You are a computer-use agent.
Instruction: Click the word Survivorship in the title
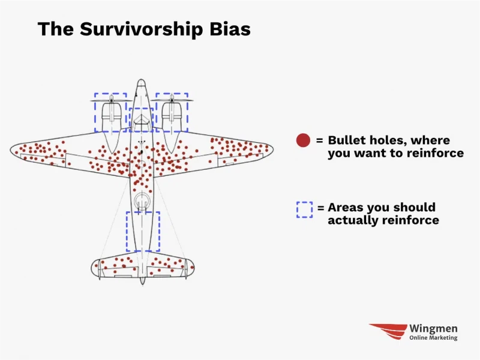tap(142, 29)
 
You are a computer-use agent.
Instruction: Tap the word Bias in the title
tap(230, 29)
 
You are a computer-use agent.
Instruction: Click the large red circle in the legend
tap(303, 140)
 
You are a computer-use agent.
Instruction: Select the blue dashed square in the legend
tap(305, 209)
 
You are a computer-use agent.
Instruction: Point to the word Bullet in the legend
tap(346, 140)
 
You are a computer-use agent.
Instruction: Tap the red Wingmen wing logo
tap(388, 331)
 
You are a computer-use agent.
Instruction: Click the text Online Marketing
tap(433, 338)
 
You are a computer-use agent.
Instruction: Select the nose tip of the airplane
tap(141, 80)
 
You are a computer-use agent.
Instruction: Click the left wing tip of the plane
tap(10, 150)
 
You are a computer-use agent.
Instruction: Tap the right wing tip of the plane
tap(272, 149)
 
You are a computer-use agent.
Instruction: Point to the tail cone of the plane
tap(142, 281)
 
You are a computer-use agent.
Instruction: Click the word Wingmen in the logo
tap(433, 328)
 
